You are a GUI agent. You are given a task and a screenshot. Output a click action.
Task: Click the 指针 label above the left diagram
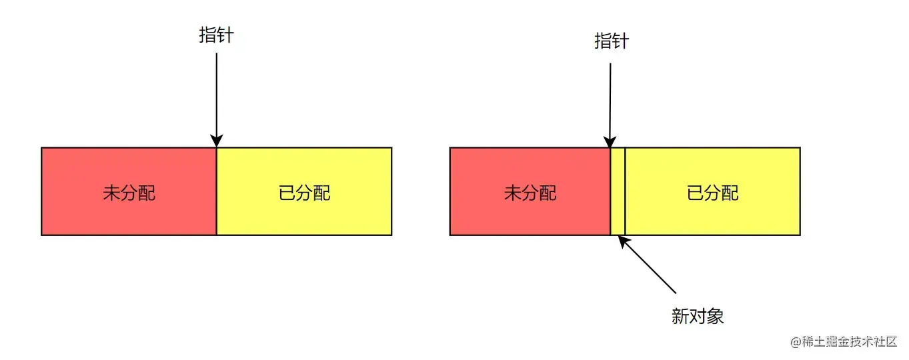[x=216, y=35]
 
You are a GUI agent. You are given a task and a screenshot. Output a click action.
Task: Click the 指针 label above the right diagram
[x=612, y=41]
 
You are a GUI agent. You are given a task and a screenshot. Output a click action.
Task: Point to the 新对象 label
[x=698, y=316]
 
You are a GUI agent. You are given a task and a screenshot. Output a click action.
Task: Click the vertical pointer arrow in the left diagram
[x=216, y=93]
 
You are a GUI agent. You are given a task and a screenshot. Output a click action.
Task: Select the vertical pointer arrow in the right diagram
[x=610, y=100]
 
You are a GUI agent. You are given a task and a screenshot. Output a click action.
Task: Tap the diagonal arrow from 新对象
[x=650, y=267]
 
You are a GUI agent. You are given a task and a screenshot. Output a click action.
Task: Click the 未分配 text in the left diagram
[x=129, y=193]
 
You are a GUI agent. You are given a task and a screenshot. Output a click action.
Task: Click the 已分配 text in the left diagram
[x=304, y=193]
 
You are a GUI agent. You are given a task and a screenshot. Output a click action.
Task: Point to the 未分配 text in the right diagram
[x=530, y=193]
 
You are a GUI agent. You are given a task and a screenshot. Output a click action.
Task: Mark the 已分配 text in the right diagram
[x=712, y=193]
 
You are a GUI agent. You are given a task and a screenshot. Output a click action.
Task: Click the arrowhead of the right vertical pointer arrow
[x=610, y=142]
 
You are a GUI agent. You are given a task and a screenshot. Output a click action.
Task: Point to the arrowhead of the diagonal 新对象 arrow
[x=623, y=241]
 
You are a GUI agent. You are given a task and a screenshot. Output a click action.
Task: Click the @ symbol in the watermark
[x=795, y=342]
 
